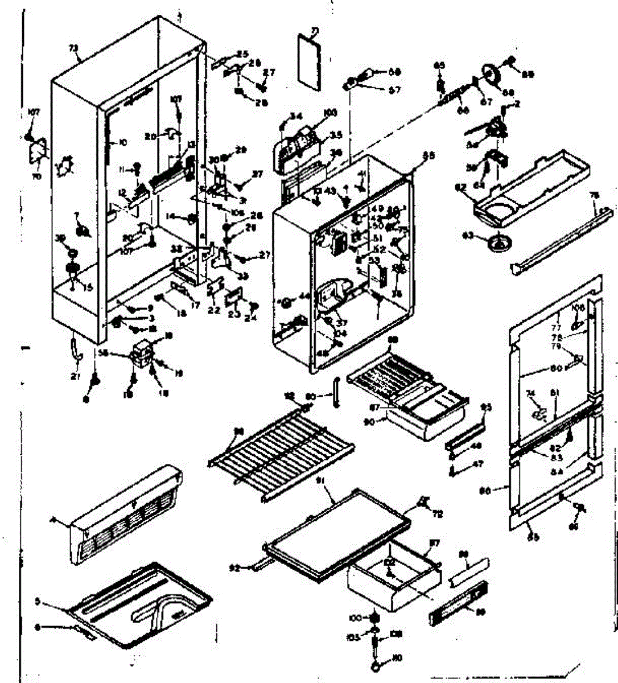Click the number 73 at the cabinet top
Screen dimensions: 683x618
click(73, 50)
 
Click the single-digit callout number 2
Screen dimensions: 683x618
click(518, 104)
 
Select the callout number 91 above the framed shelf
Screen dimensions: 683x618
click(320, 481)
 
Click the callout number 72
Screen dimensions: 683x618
click(438, 514)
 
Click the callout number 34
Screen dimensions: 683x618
click(296, 116)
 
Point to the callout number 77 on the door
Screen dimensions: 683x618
click(556, 328)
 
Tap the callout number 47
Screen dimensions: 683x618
click(477, 464)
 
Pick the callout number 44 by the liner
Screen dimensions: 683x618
click(304, 295)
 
